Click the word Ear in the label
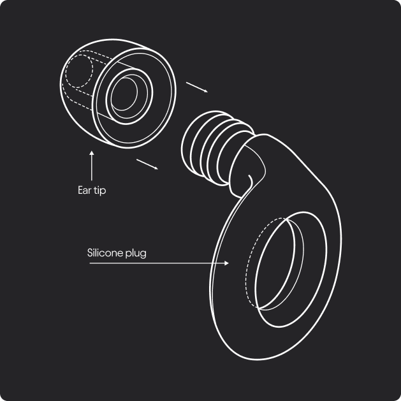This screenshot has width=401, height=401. click(x=84, y=190)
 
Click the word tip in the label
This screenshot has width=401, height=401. click(x=99, y=191)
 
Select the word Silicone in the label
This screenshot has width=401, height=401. click(x=105, y=252)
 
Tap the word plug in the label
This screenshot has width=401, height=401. click(x=136, y=254)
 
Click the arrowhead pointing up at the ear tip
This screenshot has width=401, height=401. click(x=92, y=153)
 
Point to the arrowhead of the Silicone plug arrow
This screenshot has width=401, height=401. click(x=226, y=263)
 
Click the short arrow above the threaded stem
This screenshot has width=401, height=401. click(x=197, y=87)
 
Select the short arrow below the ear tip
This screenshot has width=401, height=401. click(x=147, y=164)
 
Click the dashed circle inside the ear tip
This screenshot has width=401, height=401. click(x=79, y=71)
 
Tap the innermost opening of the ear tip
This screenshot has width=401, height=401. click(x=124, y=94)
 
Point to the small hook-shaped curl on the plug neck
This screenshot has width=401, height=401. click(x=250, y=180)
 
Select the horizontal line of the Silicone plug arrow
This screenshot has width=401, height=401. click(x=157, y=263)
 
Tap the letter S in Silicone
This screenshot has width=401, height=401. click(x=90, y=252)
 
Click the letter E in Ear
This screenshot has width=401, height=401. click(x=80, y=190)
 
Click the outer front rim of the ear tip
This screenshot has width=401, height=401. click(x=134, y=98)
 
